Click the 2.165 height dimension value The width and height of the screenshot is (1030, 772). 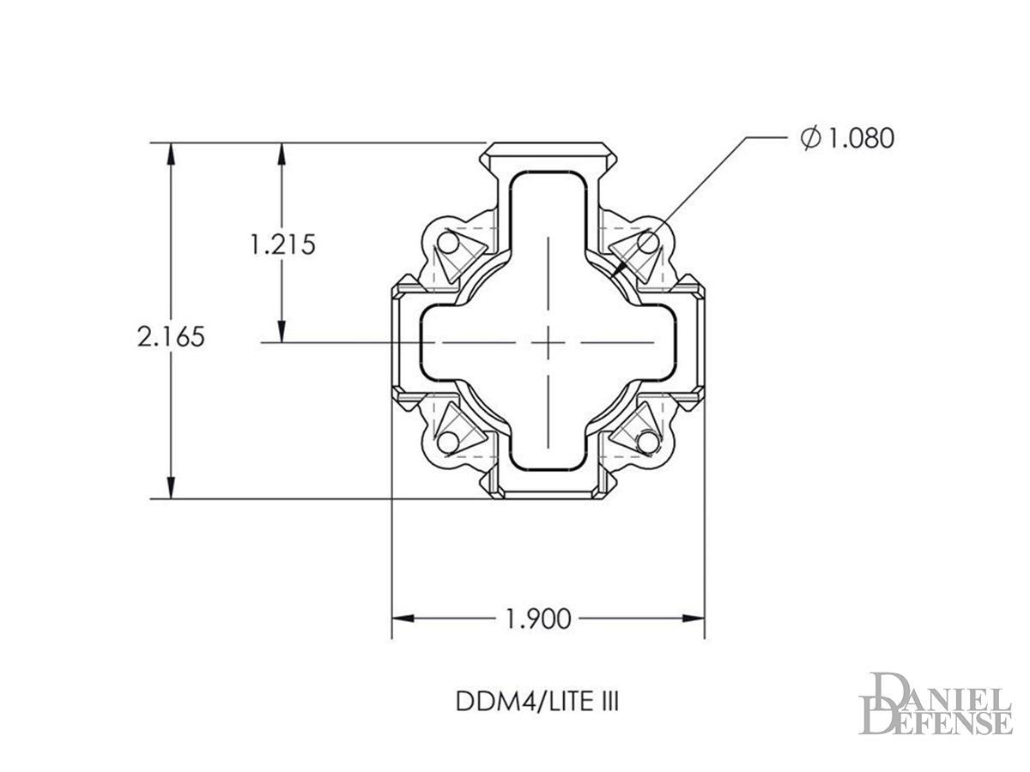(x=172, y=336)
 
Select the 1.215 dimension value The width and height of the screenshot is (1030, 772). (x=282, y=244)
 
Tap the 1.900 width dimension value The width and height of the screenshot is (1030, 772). (x=538, y=618)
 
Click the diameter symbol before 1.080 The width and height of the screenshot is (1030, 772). (x=811, y=138)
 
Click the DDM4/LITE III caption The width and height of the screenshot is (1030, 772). (x=538, y=702)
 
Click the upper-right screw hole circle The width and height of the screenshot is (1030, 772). (x=648, y=243)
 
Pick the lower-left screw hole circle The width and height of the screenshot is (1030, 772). (x=448, y=443)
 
